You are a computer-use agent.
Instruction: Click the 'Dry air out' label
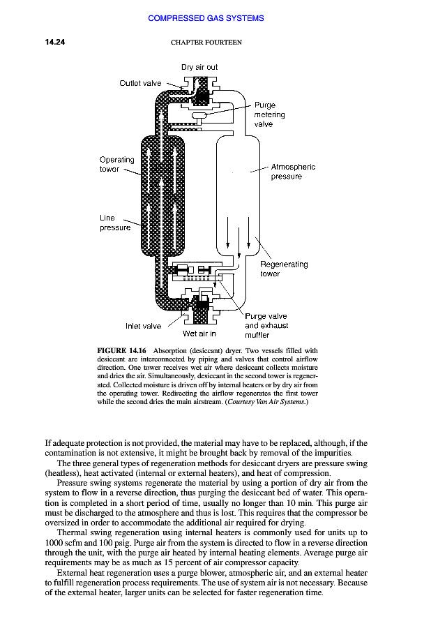199,67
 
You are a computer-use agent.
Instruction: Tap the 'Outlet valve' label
140,83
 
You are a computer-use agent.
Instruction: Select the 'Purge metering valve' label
269,114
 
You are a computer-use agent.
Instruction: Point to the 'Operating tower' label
116,164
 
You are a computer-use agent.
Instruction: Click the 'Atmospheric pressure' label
292,172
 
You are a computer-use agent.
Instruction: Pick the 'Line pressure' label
114,223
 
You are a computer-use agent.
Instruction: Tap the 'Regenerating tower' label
283,269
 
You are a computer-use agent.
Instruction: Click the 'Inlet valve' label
143,326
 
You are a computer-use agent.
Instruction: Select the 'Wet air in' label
199,334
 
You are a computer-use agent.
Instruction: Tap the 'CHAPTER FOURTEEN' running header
206,43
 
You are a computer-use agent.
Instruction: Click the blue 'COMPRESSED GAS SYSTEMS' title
206,18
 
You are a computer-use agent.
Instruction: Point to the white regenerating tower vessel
238,188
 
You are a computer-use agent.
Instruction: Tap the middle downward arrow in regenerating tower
239,237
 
